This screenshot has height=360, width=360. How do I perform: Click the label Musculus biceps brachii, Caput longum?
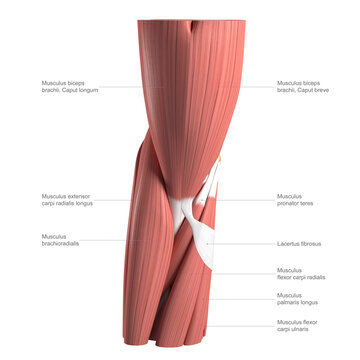pyautogui.click(x=69, y=86)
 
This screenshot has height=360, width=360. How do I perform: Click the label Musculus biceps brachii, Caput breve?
pyautogui.click(x=303, y=86)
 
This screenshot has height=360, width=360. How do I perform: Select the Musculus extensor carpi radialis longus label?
pyautogui.click(x=71, y=200)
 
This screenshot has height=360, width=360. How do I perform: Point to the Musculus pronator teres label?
pyautogui.click(x=296, y=200)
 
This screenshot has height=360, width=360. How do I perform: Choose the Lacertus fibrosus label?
pyautogui.click(x=299, y=243)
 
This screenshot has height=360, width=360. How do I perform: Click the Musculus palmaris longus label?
pyautogui.click(x=297, y=299)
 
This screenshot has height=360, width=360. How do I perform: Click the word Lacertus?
pyautogui.click(x=290, y=243)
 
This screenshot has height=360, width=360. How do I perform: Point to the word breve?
pyautogui.click(x=320, y=90)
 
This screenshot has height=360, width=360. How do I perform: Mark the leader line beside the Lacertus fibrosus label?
pyautogui.click(x=240, y=243)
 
